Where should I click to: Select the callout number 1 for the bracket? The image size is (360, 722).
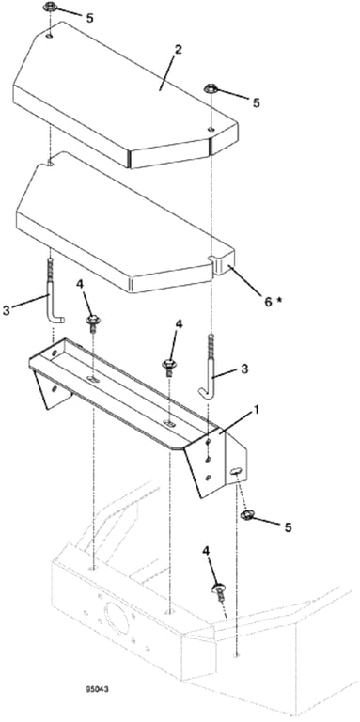[x=256, y=409]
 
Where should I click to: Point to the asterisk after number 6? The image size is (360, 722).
[x=278, y=299]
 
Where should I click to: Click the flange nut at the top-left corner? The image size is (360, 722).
[x=49, y=8]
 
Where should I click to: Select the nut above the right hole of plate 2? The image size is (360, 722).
[x=211, y=89]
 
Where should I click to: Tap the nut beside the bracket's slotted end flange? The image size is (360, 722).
[x=247, y=515]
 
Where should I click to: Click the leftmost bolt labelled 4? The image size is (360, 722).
[x=93, y=321]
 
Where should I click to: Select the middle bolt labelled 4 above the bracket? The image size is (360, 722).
[x=169, y=367]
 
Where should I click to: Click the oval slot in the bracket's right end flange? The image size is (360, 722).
[x=235, y=470]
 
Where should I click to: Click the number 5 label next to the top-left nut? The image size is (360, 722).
[x=89, y=19]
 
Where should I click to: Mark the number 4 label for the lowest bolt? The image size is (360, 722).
[x=206, y=552]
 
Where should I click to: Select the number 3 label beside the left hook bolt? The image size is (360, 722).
[x=6, y=311]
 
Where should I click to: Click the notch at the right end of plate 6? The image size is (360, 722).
[x=212, y=258]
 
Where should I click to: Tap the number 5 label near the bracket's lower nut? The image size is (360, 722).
[x=288, y=527]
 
